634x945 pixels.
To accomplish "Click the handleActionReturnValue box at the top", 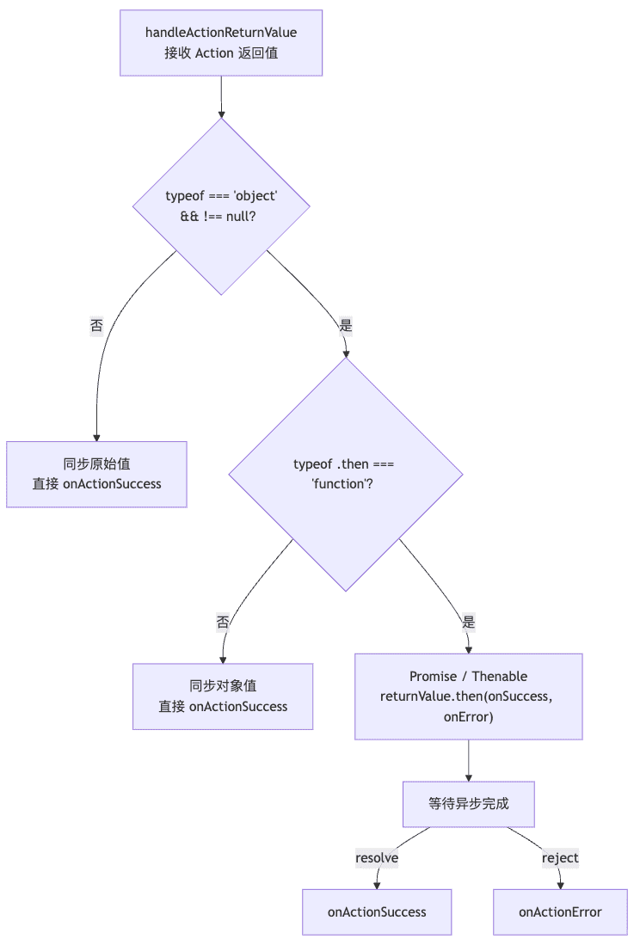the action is [221, 43].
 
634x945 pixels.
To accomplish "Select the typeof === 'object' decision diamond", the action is [221, 206].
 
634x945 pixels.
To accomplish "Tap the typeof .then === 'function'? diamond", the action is [345, 475].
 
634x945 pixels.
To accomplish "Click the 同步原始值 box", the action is [96, 475].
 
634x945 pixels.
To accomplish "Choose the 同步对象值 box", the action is [223, 696].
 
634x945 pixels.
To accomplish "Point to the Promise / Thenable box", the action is [468, 696].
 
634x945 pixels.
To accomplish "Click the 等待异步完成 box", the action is [468, 804].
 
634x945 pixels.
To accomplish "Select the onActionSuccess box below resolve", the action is [377, 911].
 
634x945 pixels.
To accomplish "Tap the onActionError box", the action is [560, 911].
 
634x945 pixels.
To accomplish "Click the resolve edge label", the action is [377, 857].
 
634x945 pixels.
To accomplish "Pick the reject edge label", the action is [560, 857].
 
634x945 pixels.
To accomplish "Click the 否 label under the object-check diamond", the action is [96, 326].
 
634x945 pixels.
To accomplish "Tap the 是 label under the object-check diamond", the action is [345, 326].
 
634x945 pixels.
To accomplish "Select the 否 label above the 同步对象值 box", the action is [223, 622].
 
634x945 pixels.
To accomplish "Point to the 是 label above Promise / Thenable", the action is [468, 622].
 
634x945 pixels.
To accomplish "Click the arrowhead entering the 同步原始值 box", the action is [96, 438].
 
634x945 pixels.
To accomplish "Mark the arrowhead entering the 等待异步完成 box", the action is [468, 778].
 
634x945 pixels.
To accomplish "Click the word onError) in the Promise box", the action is [468, 716].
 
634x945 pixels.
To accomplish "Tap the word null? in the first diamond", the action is [241, 217].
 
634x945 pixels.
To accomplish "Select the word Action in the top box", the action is [214, 53].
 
